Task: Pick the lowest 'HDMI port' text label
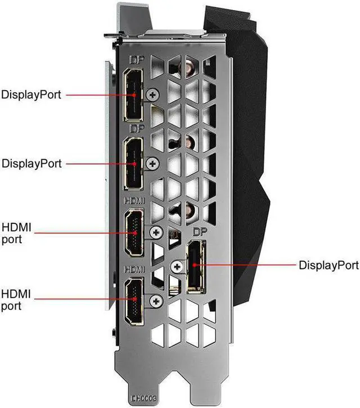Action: point(17,299)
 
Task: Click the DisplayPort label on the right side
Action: point(329,264)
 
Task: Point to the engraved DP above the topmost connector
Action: point(136,59)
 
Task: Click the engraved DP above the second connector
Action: point(136,129)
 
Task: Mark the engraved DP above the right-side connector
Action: point(200,232)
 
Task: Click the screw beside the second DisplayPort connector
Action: point(151,164)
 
